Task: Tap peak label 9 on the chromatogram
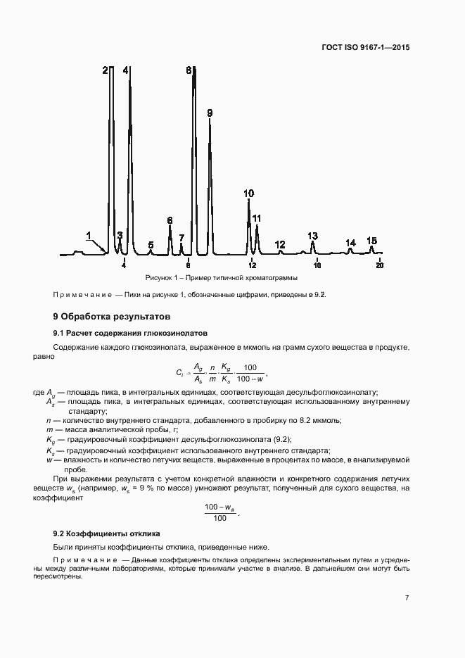click(210, 113)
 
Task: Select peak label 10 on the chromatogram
click(248, 193)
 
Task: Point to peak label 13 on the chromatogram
click(312, 236)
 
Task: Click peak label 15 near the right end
click(372, 241)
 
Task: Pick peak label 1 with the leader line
click(89, 235)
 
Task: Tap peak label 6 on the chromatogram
click(170, 220)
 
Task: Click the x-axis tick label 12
click(252, 265)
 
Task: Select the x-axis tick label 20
click(380, 265)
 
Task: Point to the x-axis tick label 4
click(124, 265)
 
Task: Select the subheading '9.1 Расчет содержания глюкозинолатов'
click(130, 332)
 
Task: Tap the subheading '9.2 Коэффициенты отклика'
click(107, 533)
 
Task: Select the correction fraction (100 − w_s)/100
click(220, 512)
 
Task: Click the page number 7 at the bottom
click(407, 598)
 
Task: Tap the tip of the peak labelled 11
click(257, 226)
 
